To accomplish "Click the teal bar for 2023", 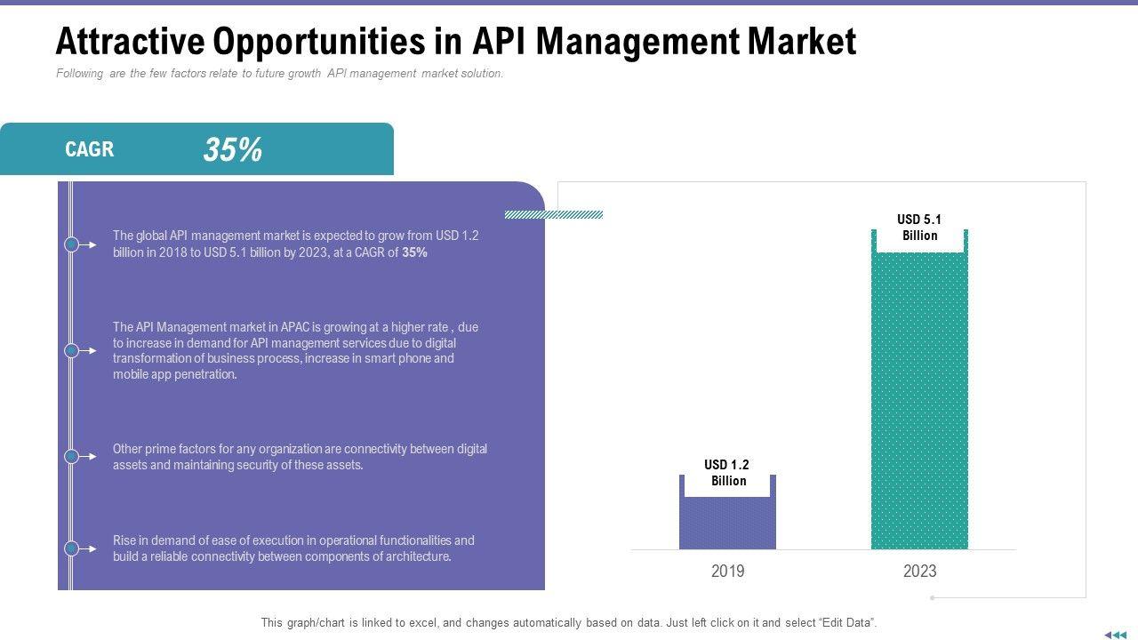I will [919, 400].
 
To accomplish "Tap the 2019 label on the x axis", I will [727, 572].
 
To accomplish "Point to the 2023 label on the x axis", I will [919, 572].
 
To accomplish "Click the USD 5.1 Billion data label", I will [919, 228].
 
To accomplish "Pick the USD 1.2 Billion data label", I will [727, 473].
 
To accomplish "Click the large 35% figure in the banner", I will [232, 149].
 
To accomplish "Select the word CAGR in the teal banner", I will [90, 149].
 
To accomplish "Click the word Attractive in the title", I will [124, 42].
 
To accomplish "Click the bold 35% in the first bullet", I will [414, 252].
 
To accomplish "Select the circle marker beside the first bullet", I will [72, 244].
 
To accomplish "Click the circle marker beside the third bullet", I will [72, 456].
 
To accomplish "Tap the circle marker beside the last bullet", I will [72, 548].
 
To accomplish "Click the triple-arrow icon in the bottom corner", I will [1114, 635].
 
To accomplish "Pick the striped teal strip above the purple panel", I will [553, 214].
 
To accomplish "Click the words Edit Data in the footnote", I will [847, 623].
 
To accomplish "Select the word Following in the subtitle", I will [80, 74].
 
